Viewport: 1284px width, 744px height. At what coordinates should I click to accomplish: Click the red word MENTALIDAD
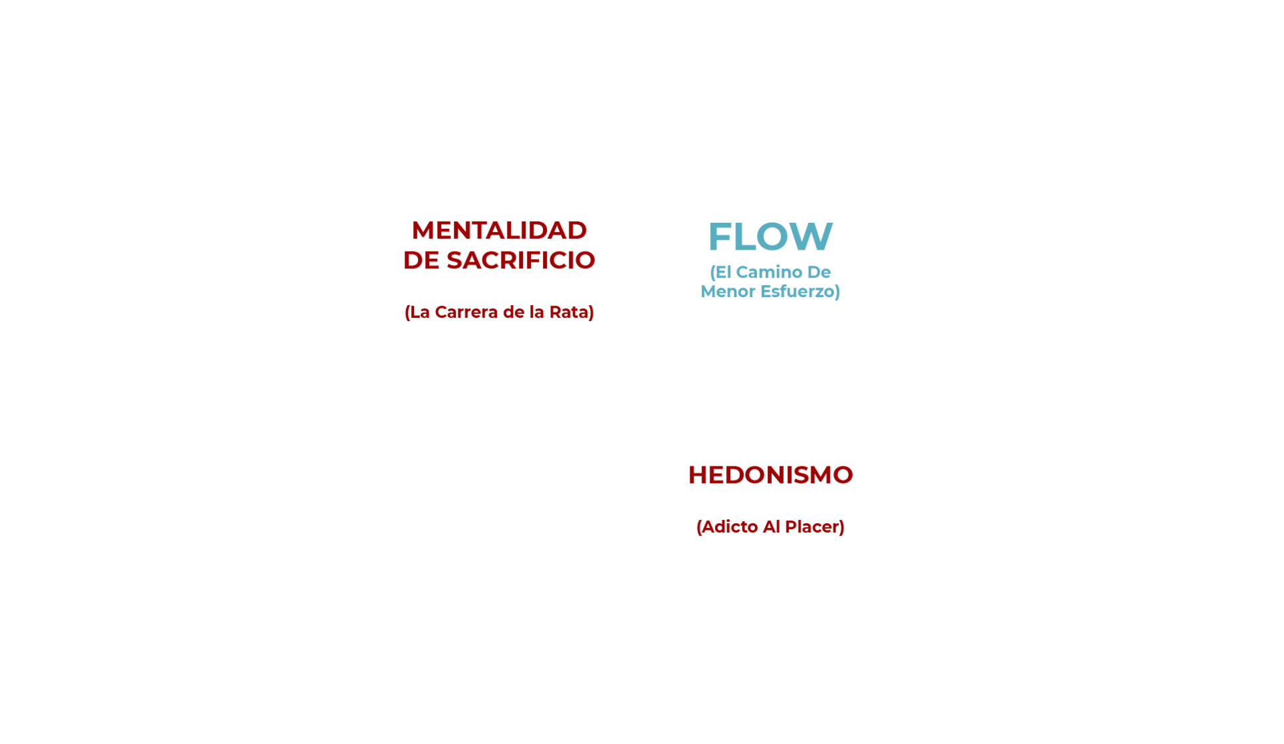(499, 231)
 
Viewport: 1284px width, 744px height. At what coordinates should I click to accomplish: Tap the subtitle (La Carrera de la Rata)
(499, 312)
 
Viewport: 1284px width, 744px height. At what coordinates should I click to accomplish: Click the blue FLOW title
(770, 235)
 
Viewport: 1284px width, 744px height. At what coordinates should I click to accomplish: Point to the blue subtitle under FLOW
(770, 283)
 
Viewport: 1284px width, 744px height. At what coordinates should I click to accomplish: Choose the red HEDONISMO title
(770, 476)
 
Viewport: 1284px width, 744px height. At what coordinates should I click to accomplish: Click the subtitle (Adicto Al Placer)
(770, 527)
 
